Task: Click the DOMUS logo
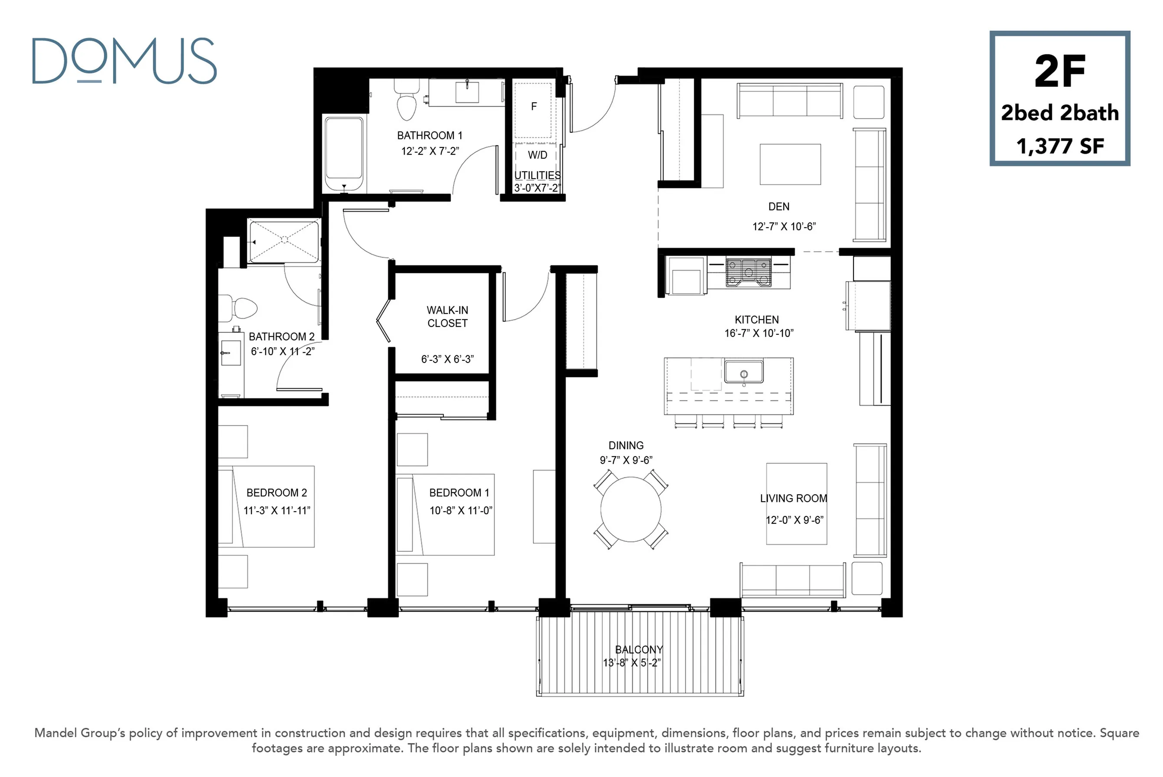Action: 124,60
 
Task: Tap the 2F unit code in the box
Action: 1059,72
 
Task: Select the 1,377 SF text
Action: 1060,146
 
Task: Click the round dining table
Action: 631,509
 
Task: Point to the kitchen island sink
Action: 743,372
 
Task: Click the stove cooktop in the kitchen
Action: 749,272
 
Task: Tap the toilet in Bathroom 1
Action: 407,100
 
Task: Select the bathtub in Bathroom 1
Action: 344,153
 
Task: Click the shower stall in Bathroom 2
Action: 284,242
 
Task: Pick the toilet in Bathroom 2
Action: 238,307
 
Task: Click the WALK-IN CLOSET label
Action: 447,317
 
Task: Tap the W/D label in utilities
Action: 538,155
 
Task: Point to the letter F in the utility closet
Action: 534,106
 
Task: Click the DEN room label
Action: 779,207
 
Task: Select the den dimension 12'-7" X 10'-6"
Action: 784,226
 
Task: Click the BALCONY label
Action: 639,650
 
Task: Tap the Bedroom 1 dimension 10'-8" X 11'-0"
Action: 461,510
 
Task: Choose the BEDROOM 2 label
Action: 277,493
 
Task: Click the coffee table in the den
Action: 790,164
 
